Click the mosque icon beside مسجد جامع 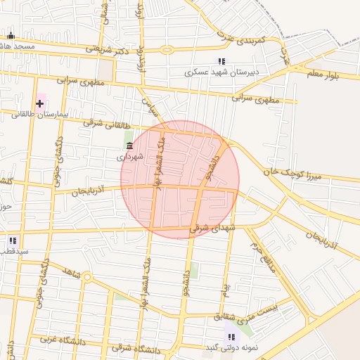10,36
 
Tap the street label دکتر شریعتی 108,49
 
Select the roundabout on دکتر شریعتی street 167,50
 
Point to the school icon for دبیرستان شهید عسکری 222,61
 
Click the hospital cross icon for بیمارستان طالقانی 39,103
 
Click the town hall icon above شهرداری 129,146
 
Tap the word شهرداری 130,156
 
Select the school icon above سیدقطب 13,240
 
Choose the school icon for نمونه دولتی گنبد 231,337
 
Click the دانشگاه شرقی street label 136,349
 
